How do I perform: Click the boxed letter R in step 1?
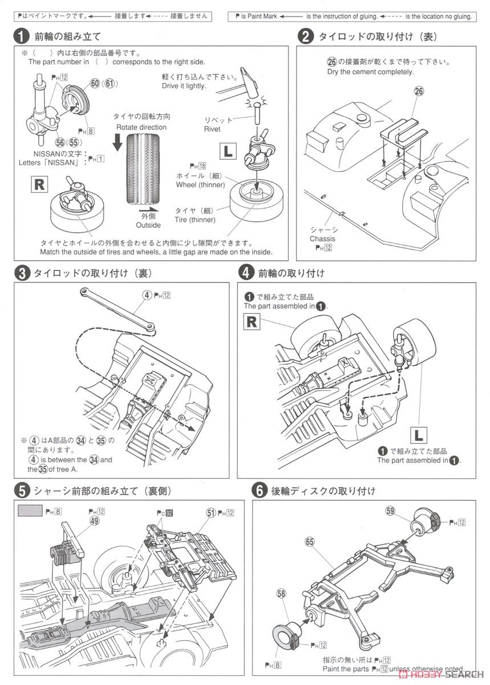pos(39,184)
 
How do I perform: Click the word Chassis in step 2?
pos(322,239)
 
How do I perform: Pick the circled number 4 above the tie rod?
pos(147,295)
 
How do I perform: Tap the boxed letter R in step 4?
pos(251,321)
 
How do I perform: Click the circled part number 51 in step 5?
pos(210,513)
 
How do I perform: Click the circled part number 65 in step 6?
pos(310,542)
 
